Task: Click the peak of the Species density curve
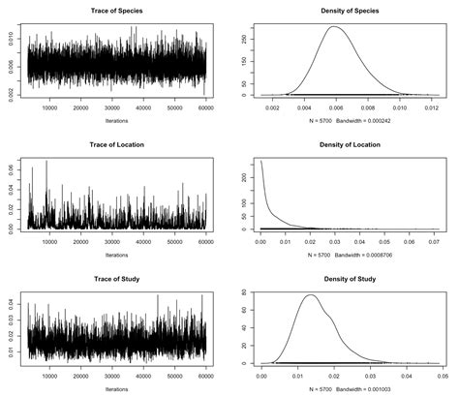coord(336,27)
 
